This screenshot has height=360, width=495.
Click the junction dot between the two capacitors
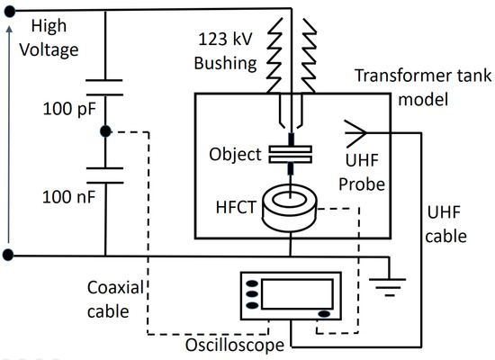105,132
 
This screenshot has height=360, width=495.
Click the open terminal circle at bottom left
8,256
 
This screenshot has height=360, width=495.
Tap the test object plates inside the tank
290,153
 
